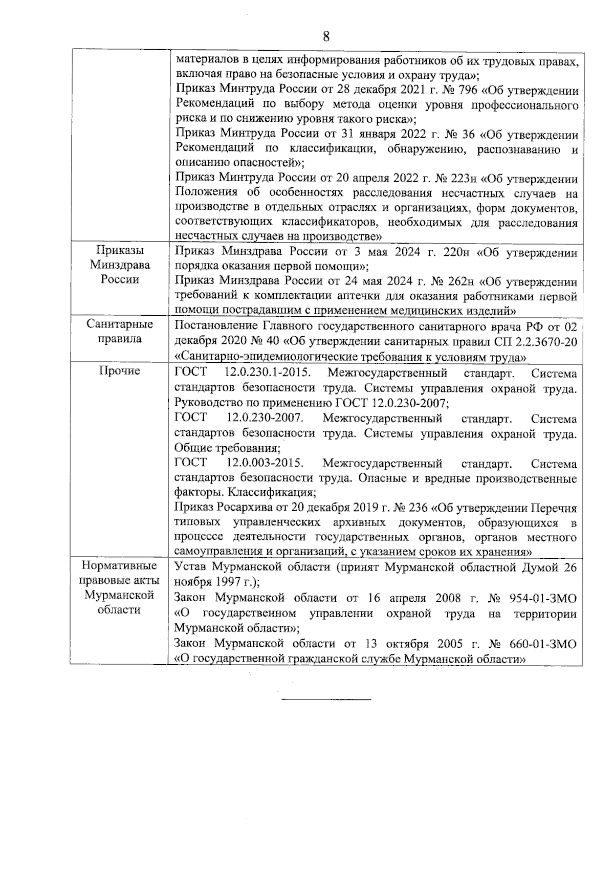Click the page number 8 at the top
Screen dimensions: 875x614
click(326, 36)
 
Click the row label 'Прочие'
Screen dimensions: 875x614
click(119, 371)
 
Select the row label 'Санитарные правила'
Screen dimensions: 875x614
click(119, 332)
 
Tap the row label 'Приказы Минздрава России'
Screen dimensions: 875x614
click(119, 265)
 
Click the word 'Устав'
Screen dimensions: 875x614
click(190, 567)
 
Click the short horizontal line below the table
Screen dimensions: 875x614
click(326, 699)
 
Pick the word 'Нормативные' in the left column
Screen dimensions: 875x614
click(119, 566)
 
